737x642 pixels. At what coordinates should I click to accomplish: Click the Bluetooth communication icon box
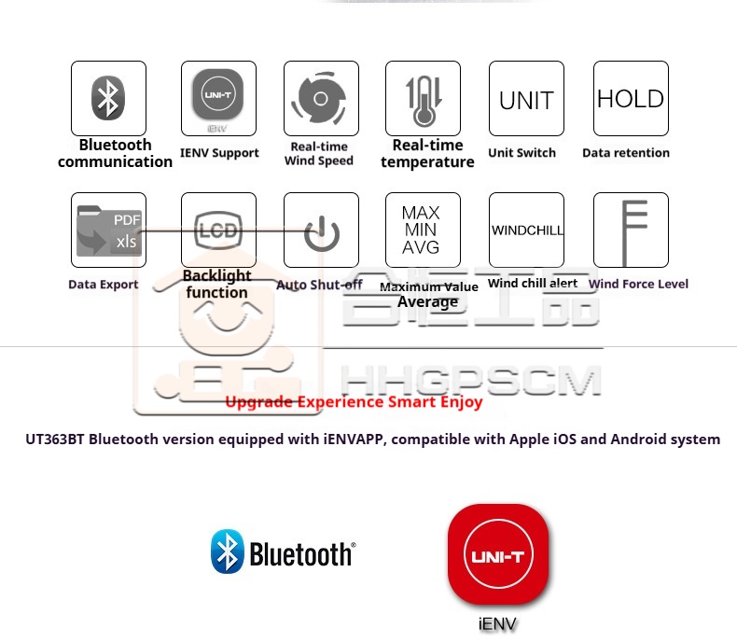point(108,98)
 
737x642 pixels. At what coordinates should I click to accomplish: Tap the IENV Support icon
point(217,98)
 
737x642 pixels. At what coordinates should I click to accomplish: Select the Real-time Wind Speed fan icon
point(321,98)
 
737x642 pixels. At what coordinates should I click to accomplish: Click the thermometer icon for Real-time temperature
point(423,98)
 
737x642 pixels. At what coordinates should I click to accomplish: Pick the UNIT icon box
point(526,98)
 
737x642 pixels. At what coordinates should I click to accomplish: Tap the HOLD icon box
point(631,98)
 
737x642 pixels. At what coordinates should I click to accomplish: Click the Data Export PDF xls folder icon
point(108,230)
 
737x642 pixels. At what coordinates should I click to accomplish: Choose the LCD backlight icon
point(217,230)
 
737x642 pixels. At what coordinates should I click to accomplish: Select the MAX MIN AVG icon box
point(423,230)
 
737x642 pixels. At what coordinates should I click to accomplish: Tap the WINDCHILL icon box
point(526,230)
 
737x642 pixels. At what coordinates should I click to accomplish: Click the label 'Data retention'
point(626,153)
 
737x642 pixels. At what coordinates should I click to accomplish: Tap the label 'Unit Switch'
point(521,153)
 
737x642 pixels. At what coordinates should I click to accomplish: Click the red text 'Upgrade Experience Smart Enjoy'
point(354,402)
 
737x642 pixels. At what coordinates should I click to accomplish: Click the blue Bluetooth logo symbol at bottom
point(227,551)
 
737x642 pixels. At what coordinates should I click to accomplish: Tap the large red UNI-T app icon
point(496,554)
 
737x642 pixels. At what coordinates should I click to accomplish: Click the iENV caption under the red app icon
point(496,623)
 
